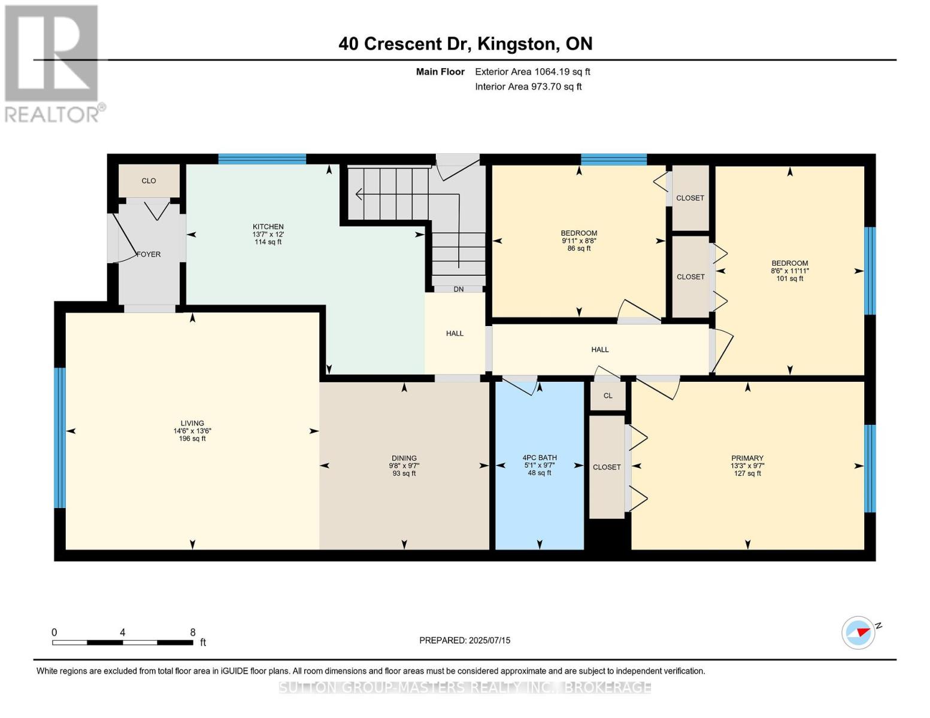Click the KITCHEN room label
click(x=268, y=227)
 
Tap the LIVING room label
click(x=192, y=424)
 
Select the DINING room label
click(x=404, y=458)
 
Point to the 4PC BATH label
click(x=539, y=458)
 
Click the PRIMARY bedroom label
click(x=747, y=458)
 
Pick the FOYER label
click(x=149, y=254)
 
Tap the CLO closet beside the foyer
click(x=149, y=181)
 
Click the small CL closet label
click(x=608, y=395)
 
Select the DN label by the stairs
click(x=458, y=289)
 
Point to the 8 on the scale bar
click(x=193, y=632)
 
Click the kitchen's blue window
click(x=262, y=159)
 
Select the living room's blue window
click(x=60, y=438)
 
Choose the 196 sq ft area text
click(x=192, y=439)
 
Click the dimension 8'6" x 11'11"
click(x=790, y=271)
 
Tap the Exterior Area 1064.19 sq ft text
click(x=532, y=72)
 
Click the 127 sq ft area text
click(x=747, y=473)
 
